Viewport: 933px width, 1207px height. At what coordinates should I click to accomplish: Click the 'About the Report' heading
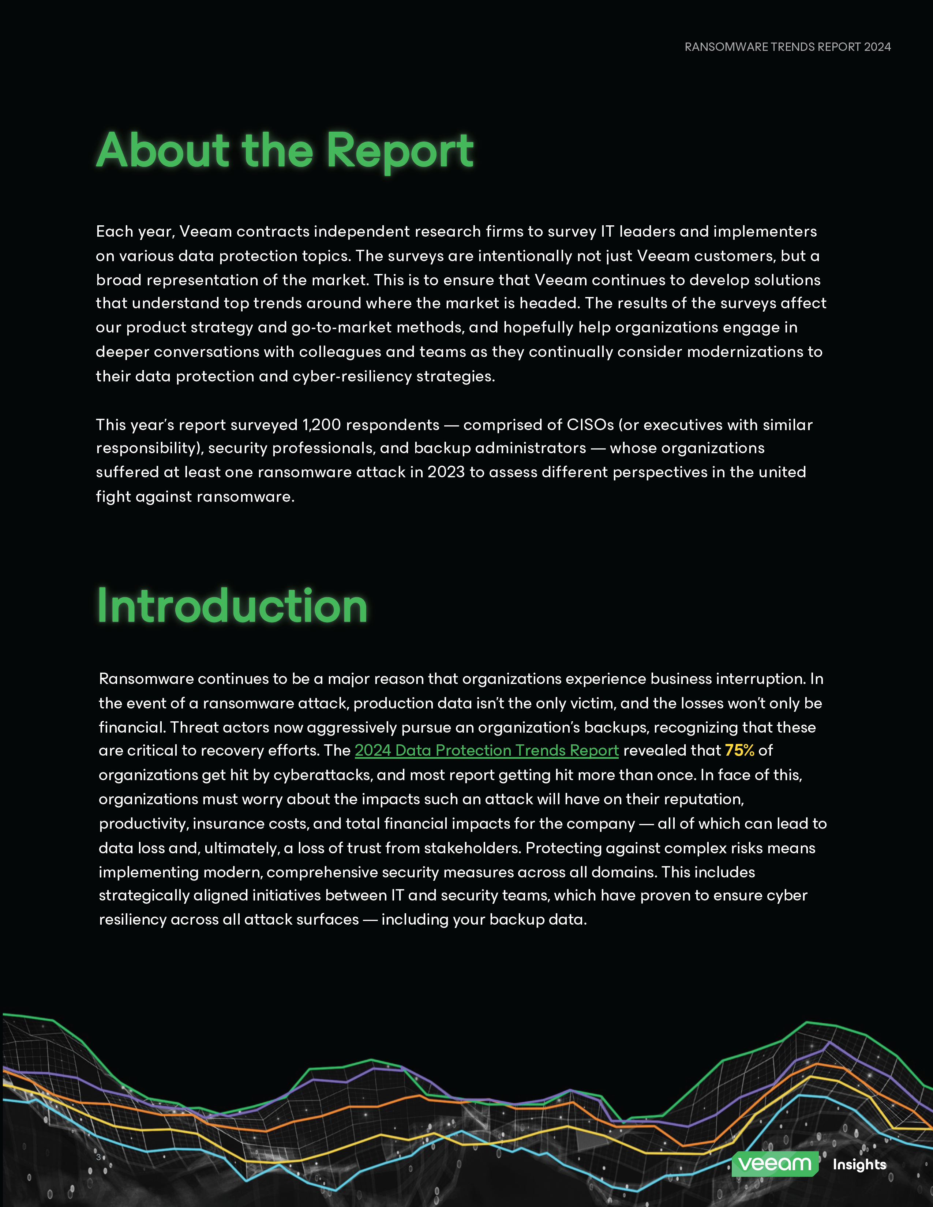285,150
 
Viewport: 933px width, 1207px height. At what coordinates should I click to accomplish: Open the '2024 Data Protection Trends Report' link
486,751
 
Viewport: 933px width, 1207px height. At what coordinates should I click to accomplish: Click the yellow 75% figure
739,751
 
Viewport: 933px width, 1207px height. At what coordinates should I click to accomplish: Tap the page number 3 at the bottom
98,1157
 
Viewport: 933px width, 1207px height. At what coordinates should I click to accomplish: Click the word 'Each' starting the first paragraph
113,231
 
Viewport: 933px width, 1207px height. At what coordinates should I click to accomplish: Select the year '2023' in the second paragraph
446,472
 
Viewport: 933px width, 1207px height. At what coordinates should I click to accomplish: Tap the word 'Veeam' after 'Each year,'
206,231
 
